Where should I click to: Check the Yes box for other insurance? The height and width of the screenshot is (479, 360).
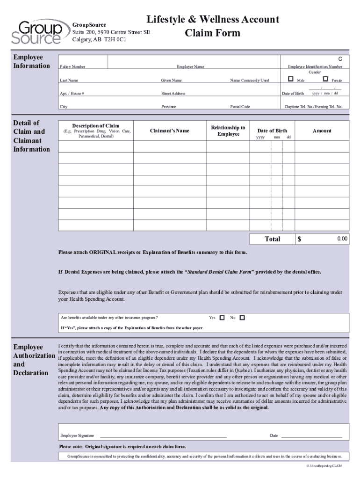click(x=222, y=318)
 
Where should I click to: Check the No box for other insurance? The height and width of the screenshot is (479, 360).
click(x=242, y=318)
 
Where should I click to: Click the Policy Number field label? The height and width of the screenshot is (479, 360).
click(x=72, y=67)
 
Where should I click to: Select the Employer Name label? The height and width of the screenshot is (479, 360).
click(x=190, y=67)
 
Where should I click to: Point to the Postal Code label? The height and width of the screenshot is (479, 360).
click(x=240, y=107)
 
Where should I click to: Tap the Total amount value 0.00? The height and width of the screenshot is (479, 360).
click(x=343, y=239)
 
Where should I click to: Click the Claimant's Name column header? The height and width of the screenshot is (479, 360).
click(x=169, y=131)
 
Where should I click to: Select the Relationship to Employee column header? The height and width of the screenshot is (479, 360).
click(x=228, y=131)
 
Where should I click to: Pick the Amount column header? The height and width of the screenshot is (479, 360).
click(x=322, y=131)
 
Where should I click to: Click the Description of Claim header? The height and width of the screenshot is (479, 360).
click(x=95, y=126)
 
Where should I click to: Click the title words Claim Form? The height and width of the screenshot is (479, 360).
click(x=212, y=33)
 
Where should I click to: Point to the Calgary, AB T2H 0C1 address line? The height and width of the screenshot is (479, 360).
click(x=99, y=39)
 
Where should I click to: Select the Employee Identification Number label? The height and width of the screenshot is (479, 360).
click(x=315, y=67)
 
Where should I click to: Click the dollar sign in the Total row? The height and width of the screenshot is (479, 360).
click(x=300, y=239)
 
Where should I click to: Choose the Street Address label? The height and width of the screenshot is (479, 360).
click(x=173, y=94)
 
